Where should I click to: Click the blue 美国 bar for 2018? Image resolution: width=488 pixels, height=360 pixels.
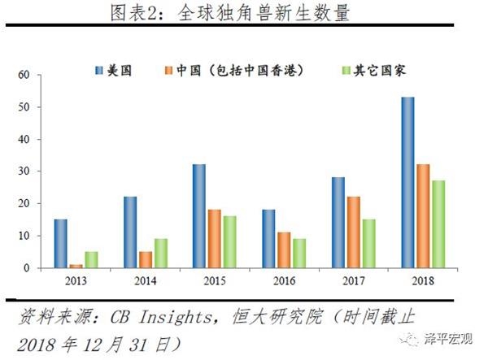click(x=407, y=182)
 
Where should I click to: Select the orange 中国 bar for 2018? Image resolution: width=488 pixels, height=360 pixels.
click(x=422, y=216)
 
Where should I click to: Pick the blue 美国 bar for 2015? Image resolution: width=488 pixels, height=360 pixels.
click(x=198, y=216)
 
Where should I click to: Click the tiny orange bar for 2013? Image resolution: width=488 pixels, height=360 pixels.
click(x=75, y=266)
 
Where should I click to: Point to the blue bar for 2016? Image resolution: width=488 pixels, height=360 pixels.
click(x=268, y=238)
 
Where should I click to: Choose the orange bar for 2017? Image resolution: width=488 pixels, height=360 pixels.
click(x=352, y=232)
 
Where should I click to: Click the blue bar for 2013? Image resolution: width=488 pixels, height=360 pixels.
click(x=60, y=243)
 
